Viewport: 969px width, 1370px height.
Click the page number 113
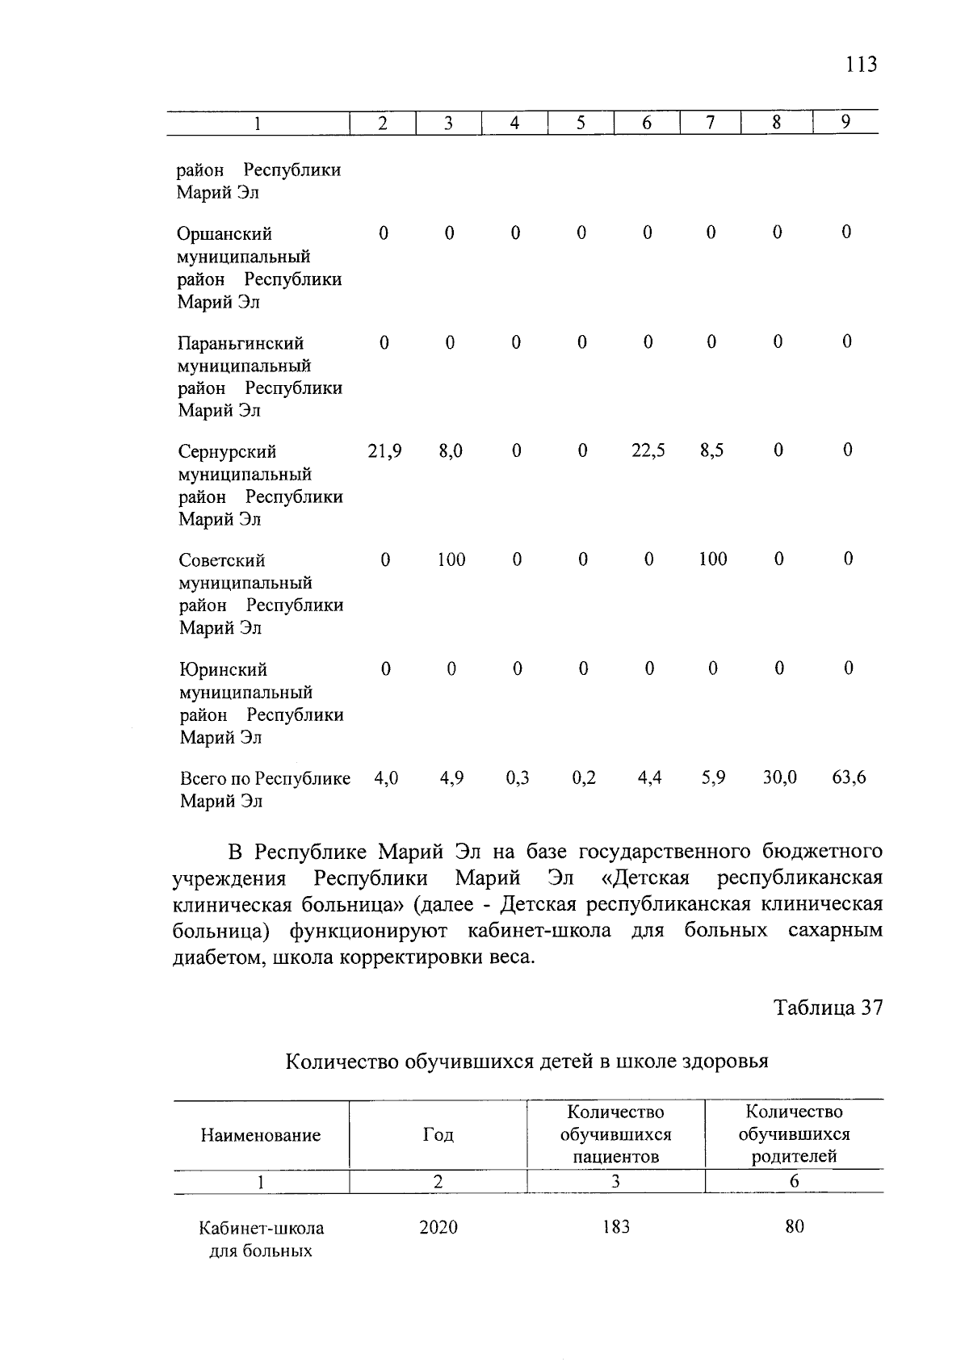(x=861, y=65)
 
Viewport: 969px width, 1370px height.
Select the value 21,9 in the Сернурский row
(x=384, y=451)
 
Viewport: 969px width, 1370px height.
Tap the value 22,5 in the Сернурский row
(x=648, y=451)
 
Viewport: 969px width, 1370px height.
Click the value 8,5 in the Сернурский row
(x=711, y=451)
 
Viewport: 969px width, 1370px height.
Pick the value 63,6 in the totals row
(x=849, y=778)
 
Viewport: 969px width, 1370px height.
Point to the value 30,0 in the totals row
(x=779, y=778)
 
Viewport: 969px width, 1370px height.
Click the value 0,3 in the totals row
(x=517, y=778)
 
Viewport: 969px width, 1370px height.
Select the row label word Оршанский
(x=224, y=235)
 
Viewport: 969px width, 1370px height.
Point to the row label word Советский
(x=222, y=561)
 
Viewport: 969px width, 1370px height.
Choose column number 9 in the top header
(x=845, y=123)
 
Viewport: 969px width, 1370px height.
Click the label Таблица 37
(x=828, y=1008)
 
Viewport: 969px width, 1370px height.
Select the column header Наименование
(x=260, y=1136)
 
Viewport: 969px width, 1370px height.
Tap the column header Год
(x=438, y=1136)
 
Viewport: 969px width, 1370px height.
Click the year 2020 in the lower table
(x=438, y=1229)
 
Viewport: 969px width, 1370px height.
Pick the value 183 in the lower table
(x=615, y=1229)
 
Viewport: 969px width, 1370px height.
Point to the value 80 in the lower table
(x=794, y=1229)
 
